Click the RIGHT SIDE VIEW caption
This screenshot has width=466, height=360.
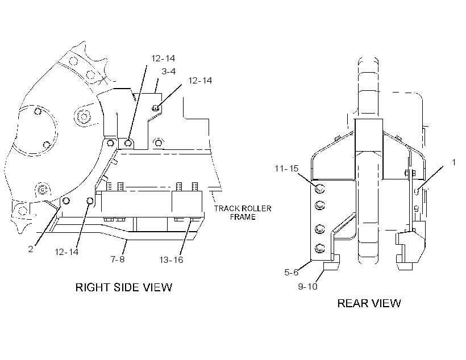(124, 287)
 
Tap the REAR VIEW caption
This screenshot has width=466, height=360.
(369, 303)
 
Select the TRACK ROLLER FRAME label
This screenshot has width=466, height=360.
(243, 213)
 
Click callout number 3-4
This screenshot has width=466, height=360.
(169, 72)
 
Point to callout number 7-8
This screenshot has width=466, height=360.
(118, 259)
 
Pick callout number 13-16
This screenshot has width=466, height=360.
(171, 260)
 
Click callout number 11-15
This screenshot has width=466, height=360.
(286, 169)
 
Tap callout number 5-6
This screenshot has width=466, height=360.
(291, 272)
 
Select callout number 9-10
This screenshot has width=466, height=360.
(307, 287)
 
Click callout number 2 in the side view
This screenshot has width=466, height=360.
(31, 249)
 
